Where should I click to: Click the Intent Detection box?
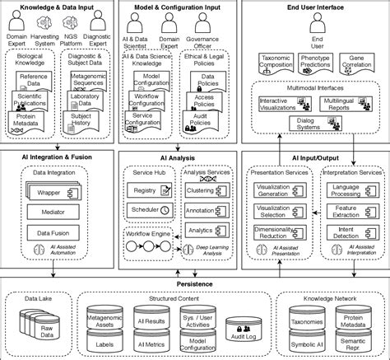pos(349,233)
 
